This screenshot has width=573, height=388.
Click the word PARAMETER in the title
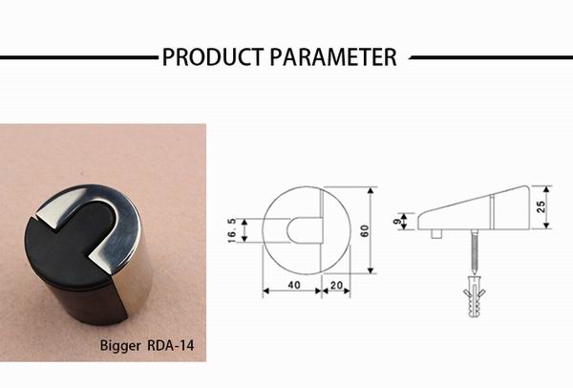(333, 57)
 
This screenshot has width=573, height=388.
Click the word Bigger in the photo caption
(121, 345)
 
